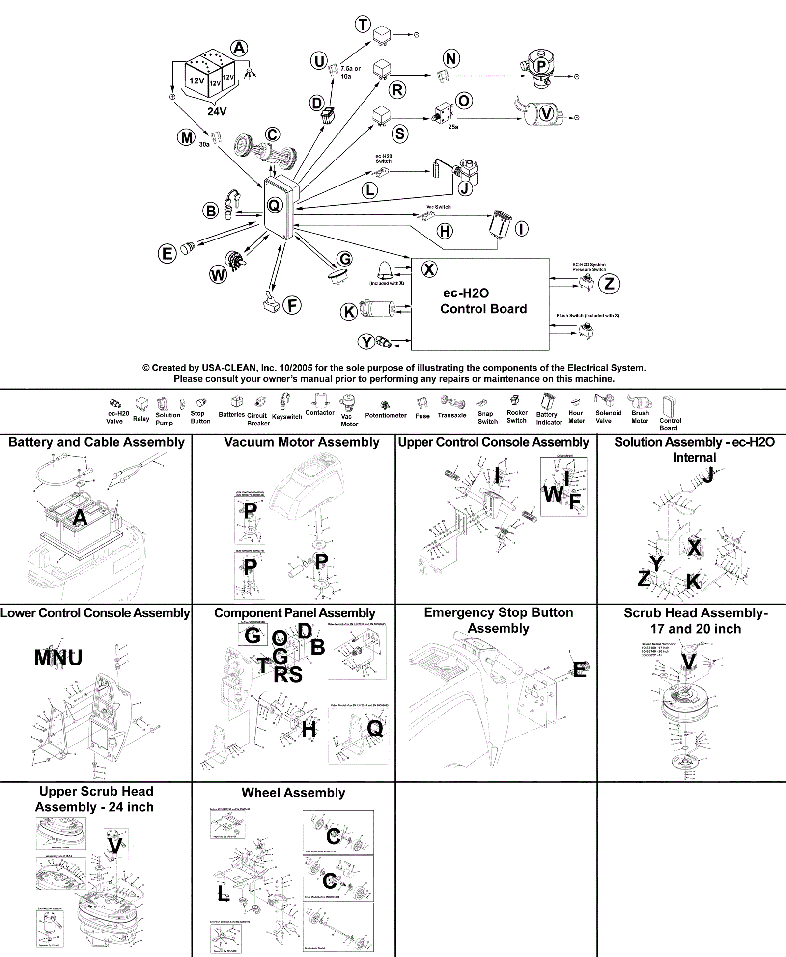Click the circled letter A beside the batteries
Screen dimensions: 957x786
[239, 48]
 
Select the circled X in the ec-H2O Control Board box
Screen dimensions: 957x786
[429, 269]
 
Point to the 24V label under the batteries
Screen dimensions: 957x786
[217, 111]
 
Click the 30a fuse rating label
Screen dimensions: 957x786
[204, 144]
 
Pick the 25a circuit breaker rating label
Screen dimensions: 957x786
[453, 127]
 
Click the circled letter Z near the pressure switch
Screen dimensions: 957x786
[609, 284]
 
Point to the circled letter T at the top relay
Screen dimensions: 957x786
[363, 24]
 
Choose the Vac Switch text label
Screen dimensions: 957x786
[438, 207]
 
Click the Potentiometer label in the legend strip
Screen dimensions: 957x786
[386, 415]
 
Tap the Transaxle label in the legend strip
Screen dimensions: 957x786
[452, 415]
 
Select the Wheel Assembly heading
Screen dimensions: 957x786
[293, 793]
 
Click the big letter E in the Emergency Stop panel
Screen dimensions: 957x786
[580, 670]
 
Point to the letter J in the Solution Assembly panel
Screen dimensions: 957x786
[707, 475]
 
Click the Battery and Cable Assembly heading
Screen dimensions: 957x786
[97, 442]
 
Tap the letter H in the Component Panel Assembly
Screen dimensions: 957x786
[309, 730]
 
